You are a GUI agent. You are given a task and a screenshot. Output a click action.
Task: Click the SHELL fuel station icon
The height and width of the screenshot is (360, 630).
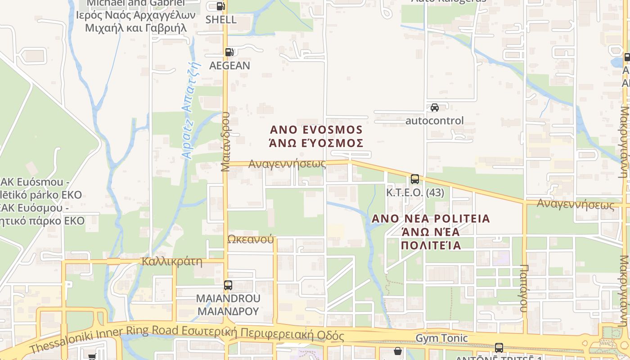(220, 6)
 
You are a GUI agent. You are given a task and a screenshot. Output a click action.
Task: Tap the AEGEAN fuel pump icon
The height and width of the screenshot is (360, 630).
(229, 52)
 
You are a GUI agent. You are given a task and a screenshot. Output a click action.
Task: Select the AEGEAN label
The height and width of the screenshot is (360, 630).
(229, 66)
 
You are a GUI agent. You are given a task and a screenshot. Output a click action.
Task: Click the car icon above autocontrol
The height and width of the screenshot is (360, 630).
(435, 108)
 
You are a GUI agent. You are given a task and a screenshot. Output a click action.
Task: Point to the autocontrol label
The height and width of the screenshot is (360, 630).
(434, 121)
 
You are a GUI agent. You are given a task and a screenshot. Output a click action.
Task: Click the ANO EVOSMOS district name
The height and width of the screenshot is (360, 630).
(316, 130)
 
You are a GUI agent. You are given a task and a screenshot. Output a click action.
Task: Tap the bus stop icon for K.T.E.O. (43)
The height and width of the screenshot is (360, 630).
(415, 179)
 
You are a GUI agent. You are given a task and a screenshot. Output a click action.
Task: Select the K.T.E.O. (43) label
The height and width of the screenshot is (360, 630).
(415, 193)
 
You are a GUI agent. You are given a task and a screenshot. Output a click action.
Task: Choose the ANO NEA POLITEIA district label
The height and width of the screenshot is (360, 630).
(431, 219)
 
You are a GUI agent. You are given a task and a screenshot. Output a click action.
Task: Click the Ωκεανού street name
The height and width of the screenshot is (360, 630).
(251, 239)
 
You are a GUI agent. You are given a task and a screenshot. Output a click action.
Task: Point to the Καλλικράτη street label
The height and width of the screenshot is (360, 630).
(171, 261)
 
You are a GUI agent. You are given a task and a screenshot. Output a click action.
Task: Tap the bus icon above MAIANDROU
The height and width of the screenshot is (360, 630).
(228, 285)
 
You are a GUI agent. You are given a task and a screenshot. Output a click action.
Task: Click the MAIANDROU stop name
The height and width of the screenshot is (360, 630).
(228, 299)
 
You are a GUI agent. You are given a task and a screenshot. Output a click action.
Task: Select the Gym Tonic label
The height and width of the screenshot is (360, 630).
(441, 338)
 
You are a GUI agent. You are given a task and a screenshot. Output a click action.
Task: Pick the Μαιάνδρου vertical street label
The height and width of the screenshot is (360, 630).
(225, 141)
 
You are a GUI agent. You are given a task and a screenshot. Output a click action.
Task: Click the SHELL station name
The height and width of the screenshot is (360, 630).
(221, 20)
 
